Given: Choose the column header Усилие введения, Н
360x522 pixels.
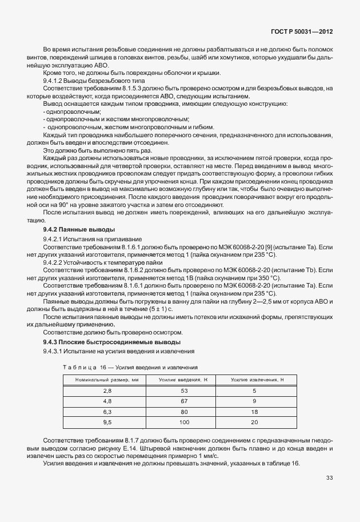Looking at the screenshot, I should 184,380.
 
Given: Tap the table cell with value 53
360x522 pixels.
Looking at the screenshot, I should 184,390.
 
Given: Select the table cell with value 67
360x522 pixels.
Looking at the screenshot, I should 184,401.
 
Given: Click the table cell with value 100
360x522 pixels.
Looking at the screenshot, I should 184,421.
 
